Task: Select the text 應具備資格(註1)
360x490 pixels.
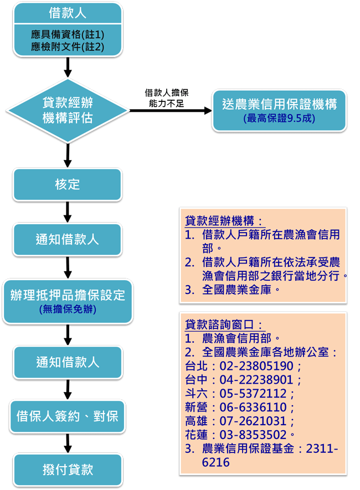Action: pyautogui.click(x=68, y=35)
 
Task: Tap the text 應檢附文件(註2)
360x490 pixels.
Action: pyautogui.click(x=68, y=47)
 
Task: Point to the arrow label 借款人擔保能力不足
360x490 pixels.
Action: pyautogui.click(x=166, y=97)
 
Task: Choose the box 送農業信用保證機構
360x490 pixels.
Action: pyautogui.click(x=279, y=104)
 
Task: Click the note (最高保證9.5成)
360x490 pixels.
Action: pyautogui.click(x=279, y=118)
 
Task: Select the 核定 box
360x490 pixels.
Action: pyautogui.click(x=68, y=184)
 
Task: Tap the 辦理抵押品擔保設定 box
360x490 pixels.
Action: pyautogui.click(x=68, y=295)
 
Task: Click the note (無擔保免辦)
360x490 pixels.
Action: pyautogui.click(x=68, y=310)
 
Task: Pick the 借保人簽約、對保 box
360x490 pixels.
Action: pyautogui.click(x=68, y=416)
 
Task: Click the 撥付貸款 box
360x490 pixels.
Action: pyautogui.click(x=68, y=470)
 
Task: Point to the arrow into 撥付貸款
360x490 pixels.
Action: pyautogui.click(x=68, y=442)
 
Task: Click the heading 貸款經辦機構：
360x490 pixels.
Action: pyautogui.click(x=224, y=221)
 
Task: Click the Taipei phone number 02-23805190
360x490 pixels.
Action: pyautogui.click(x=253, y=366)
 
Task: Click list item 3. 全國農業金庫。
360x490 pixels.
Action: pyautogui.click(x=233, y=290)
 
